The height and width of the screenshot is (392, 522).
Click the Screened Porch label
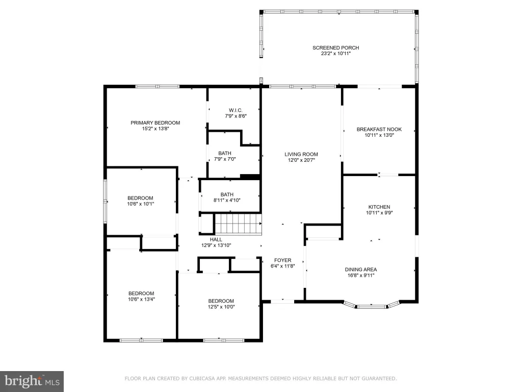pos(335,47)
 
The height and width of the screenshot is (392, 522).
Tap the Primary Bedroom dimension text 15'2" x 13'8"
pos(155,129)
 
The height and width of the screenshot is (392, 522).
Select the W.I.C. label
pos(236,110)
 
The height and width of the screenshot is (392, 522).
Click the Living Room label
pos(301,154)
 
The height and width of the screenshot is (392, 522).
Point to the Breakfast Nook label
pos(379,129)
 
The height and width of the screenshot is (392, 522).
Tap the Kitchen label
pos(379,207)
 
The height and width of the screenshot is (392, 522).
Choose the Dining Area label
pos(361,269)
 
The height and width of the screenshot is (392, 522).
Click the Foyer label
pos(282,260)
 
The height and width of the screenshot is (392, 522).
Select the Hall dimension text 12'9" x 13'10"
pos(216,246)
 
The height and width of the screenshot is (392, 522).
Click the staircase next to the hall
pos(238,224)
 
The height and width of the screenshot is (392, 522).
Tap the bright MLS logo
pos(32,381)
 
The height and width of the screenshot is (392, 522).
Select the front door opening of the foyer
pos(282,302)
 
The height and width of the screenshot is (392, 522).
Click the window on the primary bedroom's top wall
pos(158,87)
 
